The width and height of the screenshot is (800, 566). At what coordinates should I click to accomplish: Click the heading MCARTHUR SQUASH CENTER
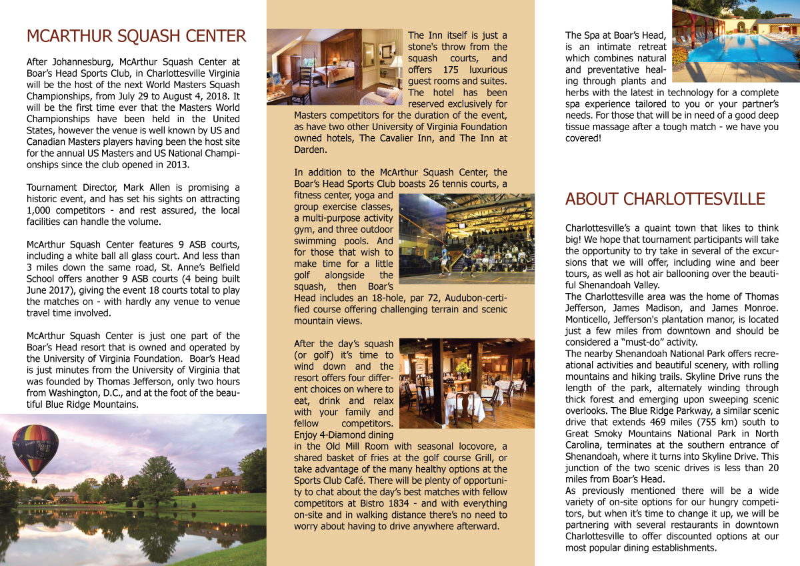(136, 36)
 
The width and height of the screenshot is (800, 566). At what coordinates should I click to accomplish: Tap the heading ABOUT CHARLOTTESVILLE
(665, 199)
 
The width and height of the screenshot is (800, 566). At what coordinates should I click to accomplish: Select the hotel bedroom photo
(335, 67)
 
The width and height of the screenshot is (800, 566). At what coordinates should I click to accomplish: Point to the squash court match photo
(466, 239)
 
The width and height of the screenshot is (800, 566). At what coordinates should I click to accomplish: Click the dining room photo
(466, 383)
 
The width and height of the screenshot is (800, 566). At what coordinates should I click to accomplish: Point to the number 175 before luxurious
(455, 69)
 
